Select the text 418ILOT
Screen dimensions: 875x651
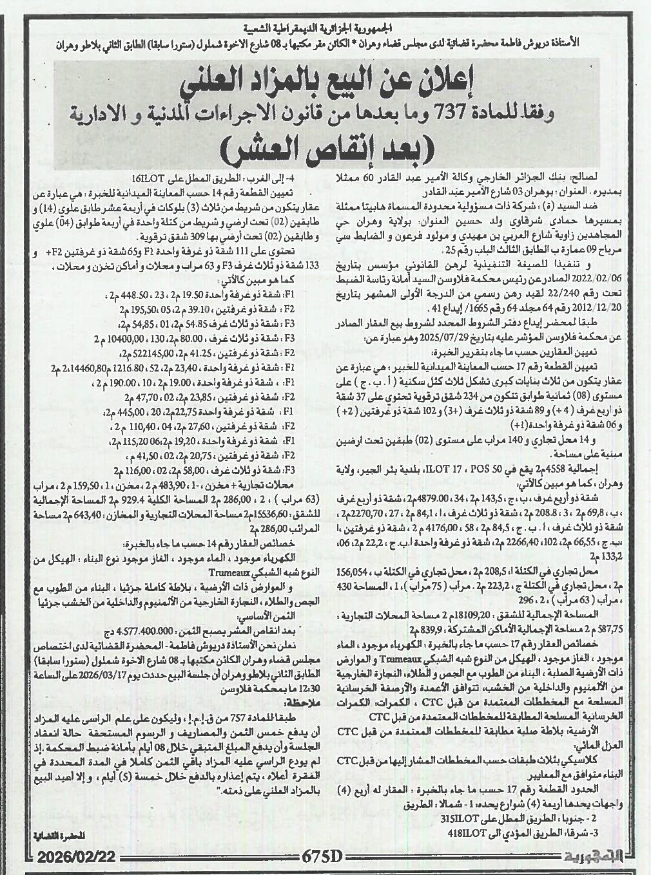tap(463, 833)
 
